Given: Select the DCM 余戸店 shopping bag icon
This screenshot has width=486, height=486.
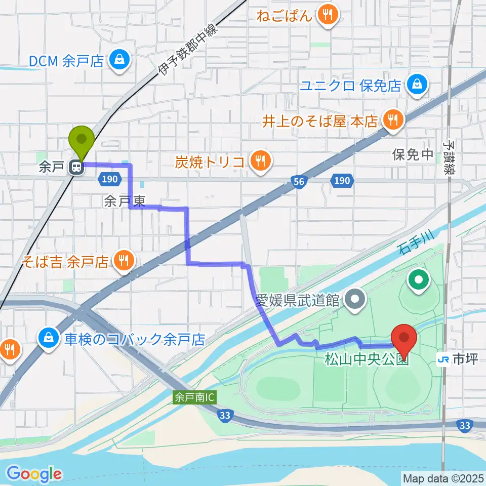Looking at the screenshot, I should coord(120,61).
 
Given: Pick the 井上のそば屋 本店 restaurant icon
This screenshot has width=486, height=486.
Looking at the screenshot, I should coord(392,120).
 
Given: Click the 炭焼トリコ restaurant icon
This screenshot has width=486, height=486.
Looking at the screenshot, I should coord(261,161).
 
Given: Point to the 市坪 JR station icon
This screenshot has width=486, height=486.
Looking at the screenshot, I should coord(443,359).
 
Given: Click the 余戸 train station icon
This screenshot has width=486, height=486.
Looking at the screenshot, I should coord(76,167).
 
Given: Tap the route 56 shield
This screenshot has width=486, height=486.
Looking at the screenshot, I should coord(300,181).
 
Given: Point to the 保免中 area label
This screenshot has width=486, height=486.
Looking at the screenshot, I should coord(413,154).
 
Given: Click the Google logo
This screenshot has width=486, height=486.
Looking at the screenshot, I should coord(34,474).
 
